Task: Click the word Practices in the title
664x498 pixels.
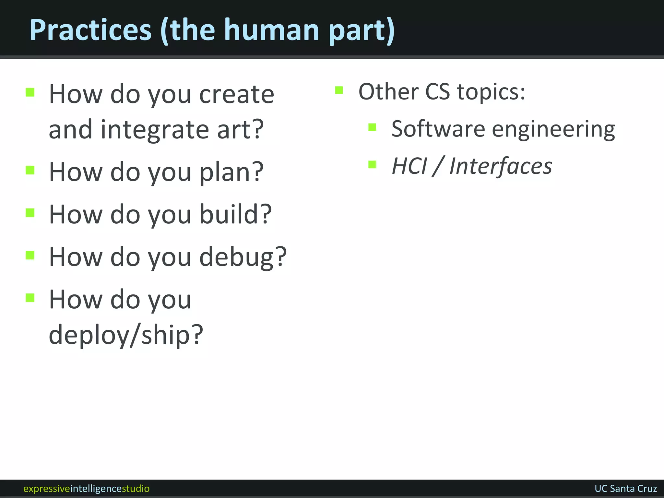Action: click(90, 30)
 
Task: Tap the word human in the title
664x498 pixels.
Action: click(272, 30)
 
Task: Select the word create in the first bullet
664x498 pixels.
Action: click(237, 94)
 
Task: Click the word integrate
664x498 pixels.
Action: click(155, 129)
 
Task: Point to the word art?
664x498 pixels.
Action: click(240, 129)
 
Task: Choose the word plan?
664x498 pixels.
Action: click(231, 172)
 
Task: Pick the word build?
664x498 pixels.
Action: click(235, 214)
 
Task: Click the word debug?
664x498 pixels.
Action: click(243, 257)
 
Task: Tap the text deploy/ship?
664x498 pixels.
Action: click(126, 335)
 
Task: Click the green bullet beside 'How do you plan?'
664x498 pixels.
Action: click(30, 170)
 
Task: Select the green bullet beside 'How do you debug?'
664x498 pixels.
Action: click(30, 255)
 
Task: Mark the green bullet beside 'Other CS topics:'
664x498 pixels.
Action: click(339, 90)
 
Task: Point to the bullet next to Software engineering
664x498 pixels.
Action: click(372, 127)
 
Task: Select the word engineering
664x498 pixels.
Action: click(553, 129)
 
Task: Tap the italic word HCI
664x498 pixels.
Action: click(409, 166)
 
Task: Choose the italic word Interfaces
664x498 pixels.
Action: click(501, 166)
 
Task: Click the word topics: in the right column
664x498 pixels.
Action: click(491, 92)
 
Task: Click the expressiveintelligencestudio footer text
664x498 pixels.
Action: click(87, 488)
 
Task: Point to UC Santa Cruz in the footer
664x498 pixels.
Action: click(626, 488)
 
